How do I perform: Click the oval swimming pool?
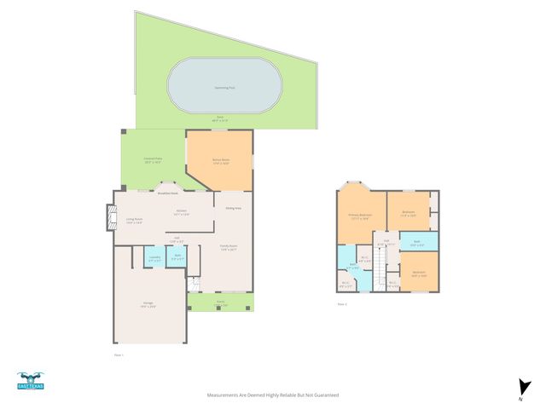(224, 85)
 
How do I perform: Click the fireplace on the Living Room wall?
(108, 217)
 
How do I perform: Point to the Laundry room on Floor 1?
(154, 256)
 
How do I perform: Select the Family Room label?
(229, 248)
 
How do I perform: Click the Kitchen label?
(181, 212)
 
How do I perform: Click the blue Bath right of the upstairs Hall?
(417, 241)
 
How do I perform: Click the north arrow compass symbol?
(520, 389)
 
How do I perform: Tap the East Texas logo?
(30, 382)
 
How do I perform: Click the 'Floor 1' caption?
(119, 354)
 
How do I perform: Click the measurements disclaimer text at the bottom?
(273, 395)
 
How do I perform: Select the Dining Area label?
(233, 208)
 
